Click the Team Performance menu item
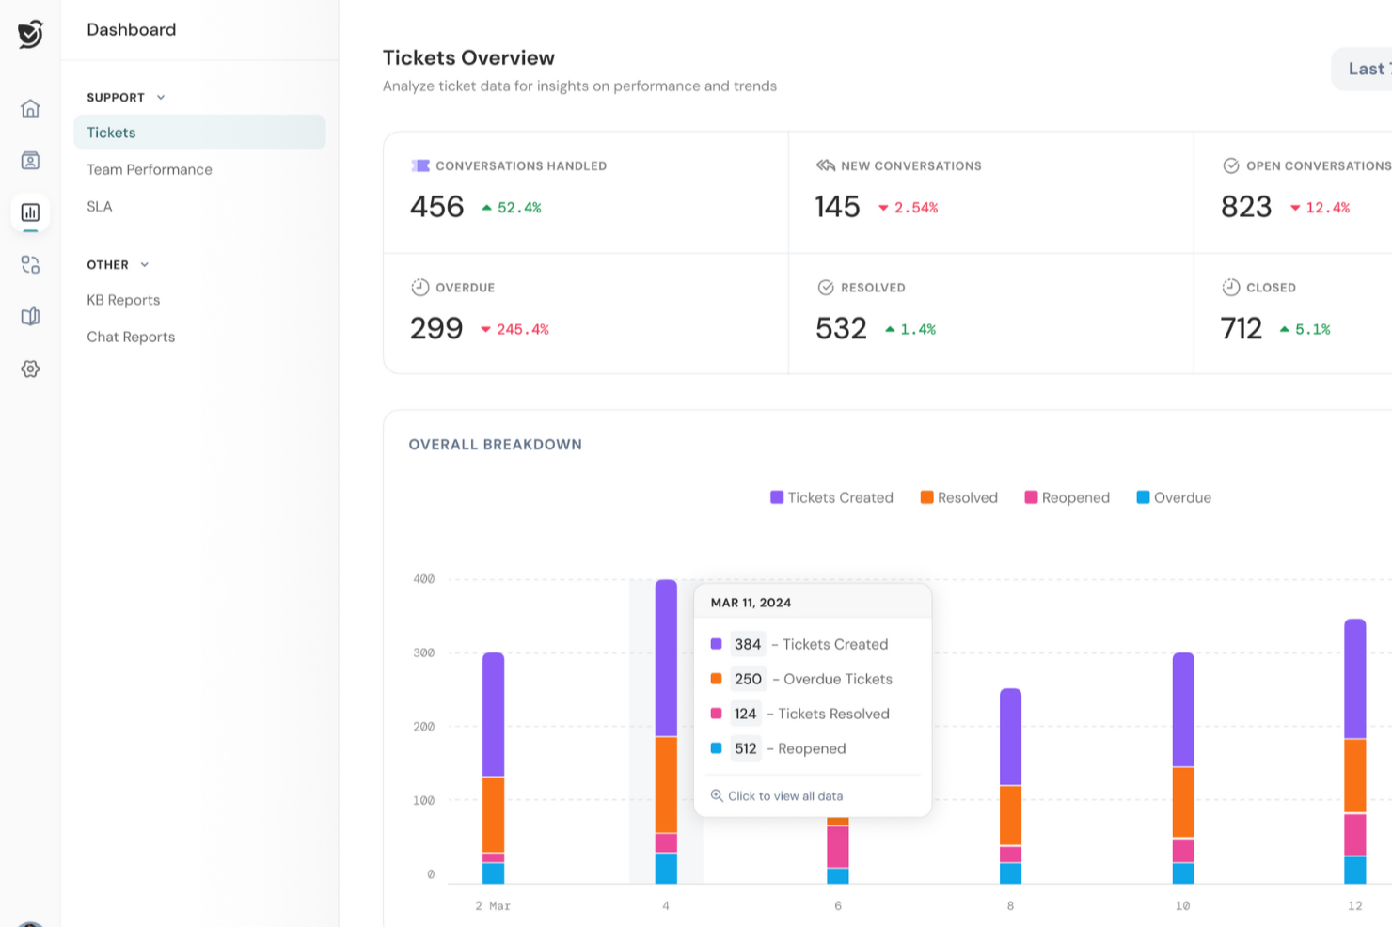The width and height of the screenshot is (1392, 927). (x=150, y=169)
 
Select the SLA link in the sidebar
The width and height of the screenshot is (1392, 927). (x=100, y=207)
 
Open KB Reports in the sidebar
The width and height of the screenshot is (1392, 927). (x=123, y=300)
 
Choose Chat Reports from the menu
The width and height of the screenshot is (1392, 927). (x=131, y=337)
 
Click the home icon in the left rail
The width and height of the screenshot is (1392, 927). (x=30, y=108)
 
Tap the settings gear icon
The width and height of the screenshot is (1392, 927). (x=30, y=369)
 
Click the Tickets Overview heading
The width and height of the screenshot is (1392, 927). (x=468, y=58)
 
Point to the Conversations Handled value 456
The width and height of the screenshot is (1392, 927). (x=437, y=207)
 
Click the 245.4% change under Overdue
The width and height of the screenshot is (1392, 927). (x=522, y=329)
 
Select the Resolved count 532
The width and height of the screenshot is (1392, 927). (x=841, y=328)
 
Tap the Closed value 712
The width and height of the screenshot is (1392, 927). (x=1241, y=328)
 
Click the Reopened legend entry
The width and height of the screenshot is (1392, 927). (x=1068, y=497)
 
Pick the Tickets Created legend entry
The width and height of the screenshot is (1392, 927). (x=831, y=497)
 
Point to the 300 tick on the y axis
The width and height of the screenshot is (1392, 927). (x=424, y=652)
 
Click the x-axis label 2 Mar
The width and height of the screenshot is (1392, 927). (x=493, y=906)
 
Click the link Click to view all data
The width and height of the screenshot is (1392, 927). (x=784, y=796)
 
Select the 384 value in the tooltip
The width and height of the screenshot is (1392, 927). (x=748, y=644)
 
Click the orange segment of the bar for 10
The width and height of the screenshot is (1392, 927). (x=1183, y=802)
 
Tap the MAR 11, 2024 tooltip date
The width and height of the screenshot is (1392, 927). (x=751, y=603)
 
